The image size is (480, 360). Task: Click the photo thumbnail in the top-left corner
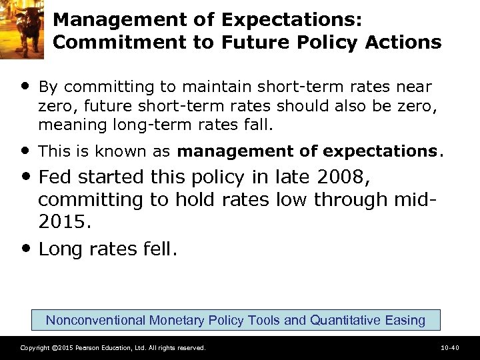point(22,29)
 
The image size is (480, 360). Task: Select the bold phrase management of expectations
point(307,151)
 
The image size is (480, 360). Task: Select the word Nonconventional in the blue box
point(95,320)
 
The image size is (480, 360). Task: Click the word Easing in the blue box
point(405,320)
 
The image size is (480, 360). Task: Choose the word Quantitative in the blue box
point(343,320)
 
